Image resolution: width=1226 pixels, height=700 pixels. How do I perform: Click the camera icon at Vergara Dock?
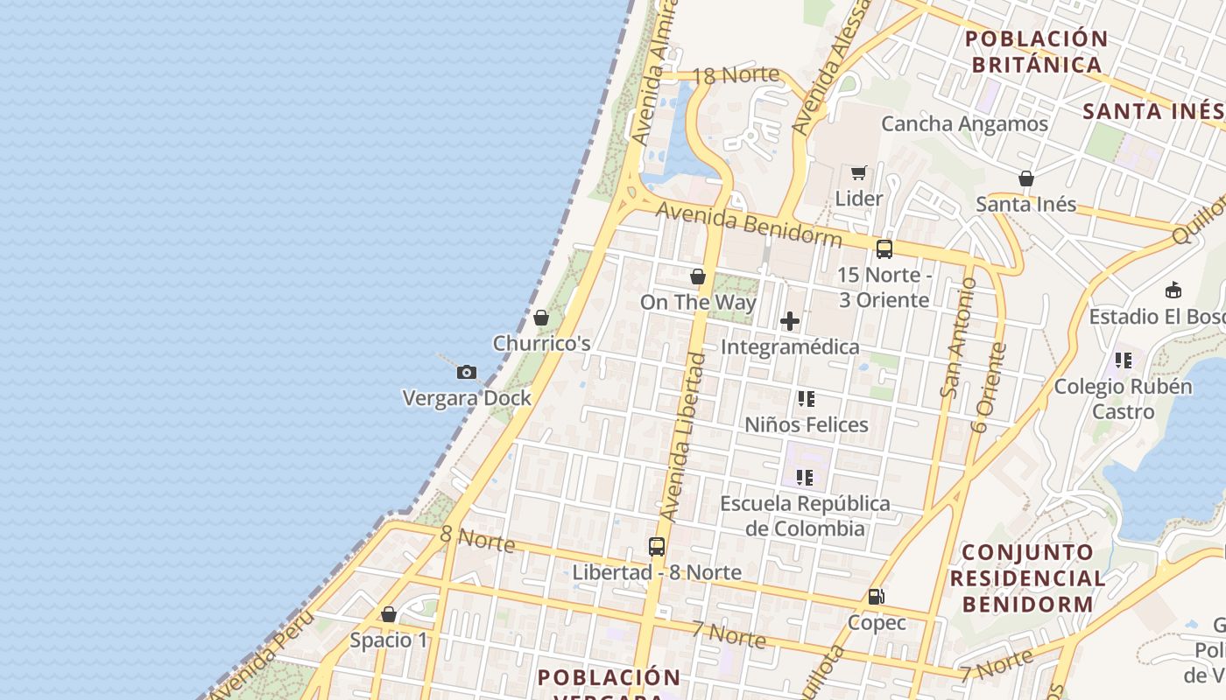467,373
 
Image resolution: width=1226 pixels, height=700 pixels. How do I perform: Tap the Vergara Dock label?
467,398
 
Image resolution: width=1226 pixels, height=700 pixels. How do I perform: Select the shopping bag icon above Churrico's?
541,318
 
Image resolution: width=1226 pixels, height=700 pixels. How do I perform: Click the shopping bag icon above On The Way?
698,277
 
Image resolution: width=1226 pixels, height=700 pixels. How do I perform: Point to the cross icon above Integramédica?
790,321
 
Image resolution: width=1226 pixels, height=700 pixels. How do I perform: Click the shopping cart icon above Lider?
858,173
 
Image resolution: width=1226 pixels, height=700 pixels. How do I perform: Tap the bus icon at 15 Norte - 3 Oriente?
884,248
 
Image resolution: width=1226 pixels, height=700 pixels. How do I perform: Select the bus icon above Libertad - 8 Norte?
657,547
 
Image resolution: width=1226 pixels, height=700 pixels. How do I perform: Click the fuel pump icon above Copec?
876,598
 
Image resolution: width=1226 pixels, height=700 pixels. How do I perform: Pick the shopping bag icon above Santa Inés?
1026,179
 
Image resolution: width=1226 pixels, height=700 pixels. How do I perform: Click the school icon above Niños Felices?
806,399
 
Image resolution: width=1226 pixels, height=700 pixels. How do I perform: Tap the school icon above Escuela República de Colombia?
805,478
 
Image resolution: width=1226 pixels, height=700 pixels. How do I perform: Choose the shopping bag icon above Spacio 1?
389,615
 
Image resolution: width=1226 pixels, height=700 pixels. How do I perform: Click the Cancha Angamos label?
964,123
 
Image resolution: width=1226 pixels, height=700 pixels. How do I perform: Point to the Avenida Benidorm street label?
749,224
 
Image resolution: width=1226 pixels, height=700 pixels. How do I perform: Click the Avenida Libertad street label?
684,446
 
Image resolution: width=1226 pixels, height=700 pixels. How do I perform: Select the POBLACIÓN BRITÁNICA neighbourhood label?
1037,52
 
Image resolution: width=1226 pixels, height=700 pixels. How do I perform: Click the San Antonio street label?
955,337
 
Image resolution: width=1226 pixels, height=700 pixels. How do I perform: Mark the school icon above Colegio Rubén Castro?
1124,360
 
